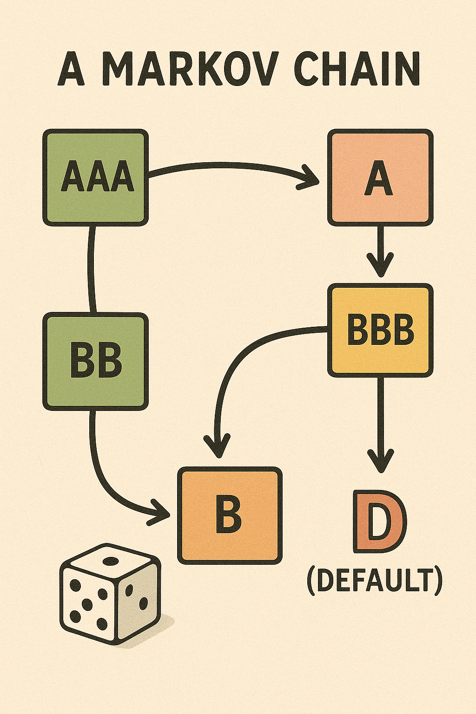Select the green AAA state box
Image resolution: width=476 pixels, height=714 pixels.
click(x=96, y=178)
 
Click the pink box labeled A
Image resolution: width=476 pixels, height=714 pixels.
click(x=380, y=178)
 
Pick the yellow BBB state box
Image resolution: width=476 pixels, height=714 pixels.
click(x=380, y=330)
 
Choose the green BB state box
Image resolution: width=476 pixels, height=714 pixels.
click(x=96, y=362)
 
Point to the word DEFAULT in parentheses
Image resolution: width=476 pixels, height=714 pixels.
click(x=374, y=582)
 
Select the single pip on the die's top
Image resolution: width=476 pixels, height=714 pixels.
click(x=110, y=561)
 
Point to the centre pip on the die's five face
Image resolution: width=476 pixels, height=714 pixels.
click(x=87, y=603)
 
